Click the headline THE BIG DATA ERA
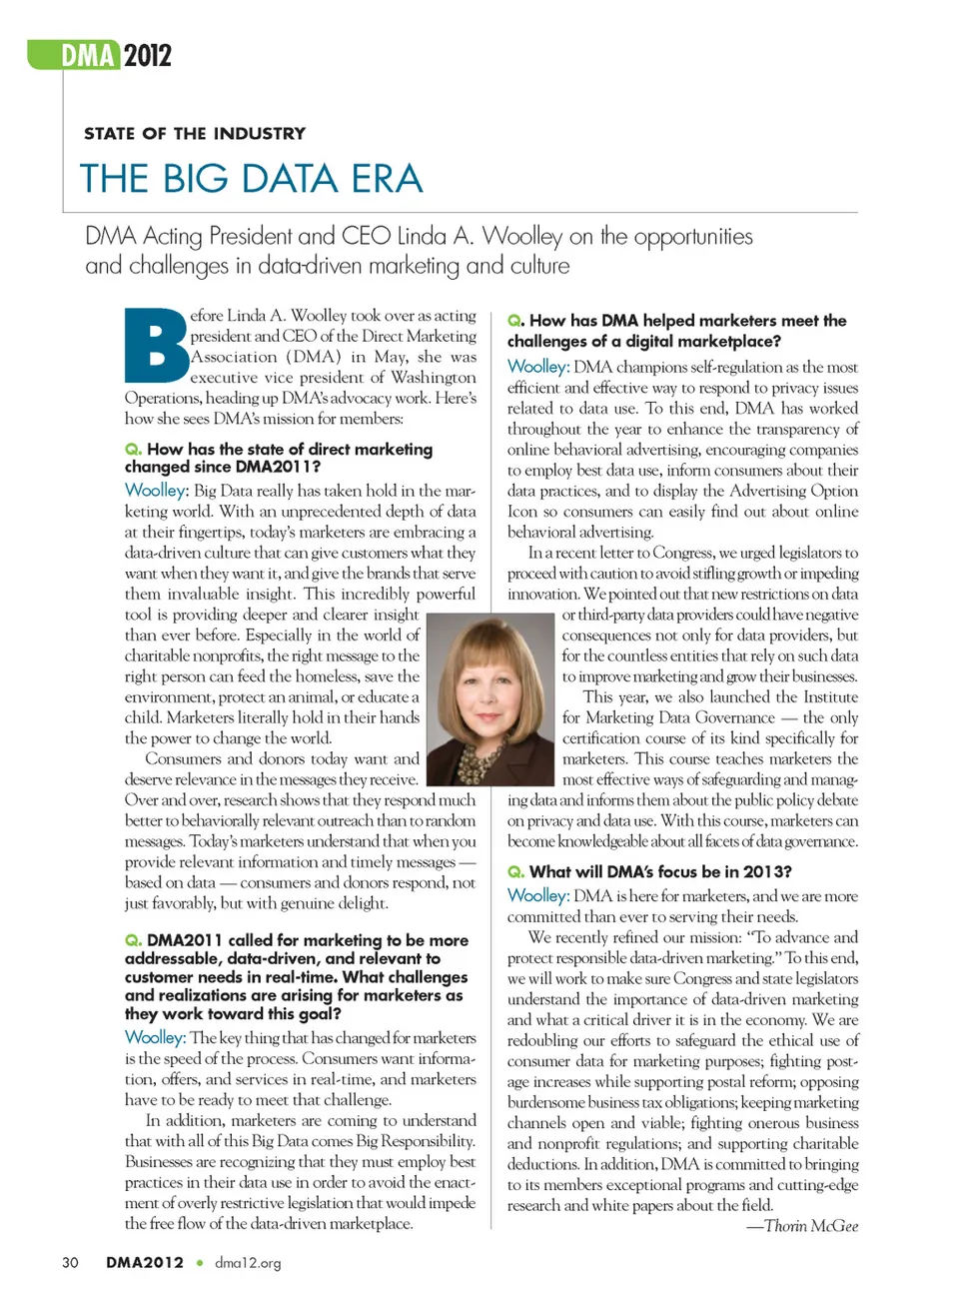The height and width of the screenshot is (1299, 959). [x=252, y=179]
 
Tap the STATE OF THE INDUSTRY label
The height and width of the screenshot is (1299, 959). [x=195, y=134]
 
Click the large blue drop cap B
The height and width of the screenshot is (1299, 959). [x=156, y=346]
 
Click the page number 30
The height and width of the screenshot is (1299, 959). [x=70, y=1262]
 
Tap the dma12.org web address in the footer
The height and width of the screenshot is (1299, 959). [x=248, y=1263]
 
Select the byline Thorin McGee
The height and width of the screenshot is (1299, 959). [x=810, y=1226]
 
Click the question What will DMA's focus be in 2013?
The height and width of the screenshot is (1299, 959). [x=659, y=871]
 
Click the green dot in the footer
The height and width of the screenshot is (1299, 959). [x=200, y=1263]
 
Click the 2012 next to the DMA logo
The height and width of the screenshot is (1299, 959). [x=147, y=55]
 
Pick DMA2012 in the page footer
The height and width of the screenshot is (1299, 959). [x=145, y=1262]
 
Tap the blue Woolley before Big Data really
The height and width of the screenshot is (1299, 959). [x=156, y=490]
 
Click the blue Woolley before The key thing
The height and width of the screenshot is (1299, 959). [x=155, y=1037]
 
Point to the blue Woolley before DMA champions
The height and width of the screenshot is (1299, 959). [x=537, y=367]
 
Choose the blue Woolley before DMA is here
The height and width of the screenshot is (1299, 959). [x=537, y=895]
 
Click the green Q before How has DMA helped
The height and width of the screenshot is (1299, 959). [x=514, y=321]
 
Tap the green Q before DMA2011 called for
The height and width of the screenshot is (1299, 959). [x=132, y=940]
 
